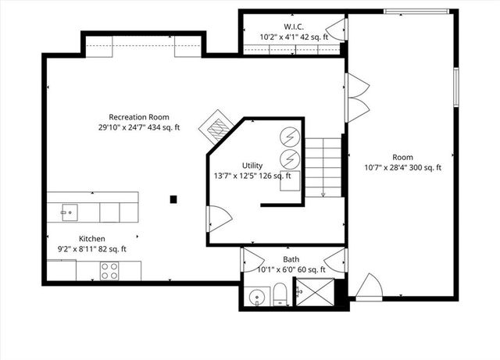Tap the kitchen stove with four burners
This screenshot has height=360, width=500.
(109, 271)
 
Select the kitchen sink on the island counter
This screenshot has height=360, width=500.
(69, 211)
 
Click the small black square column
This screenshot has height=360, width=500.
(174, 199)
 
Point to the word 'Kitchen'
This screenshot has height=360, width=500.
(91, 239)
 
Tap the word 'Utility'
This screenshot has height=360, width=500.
(252, 166)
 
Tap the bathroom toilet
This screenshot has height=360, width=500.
(279, 295)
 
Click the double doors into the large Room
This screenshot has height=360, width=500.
(357, 98)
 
